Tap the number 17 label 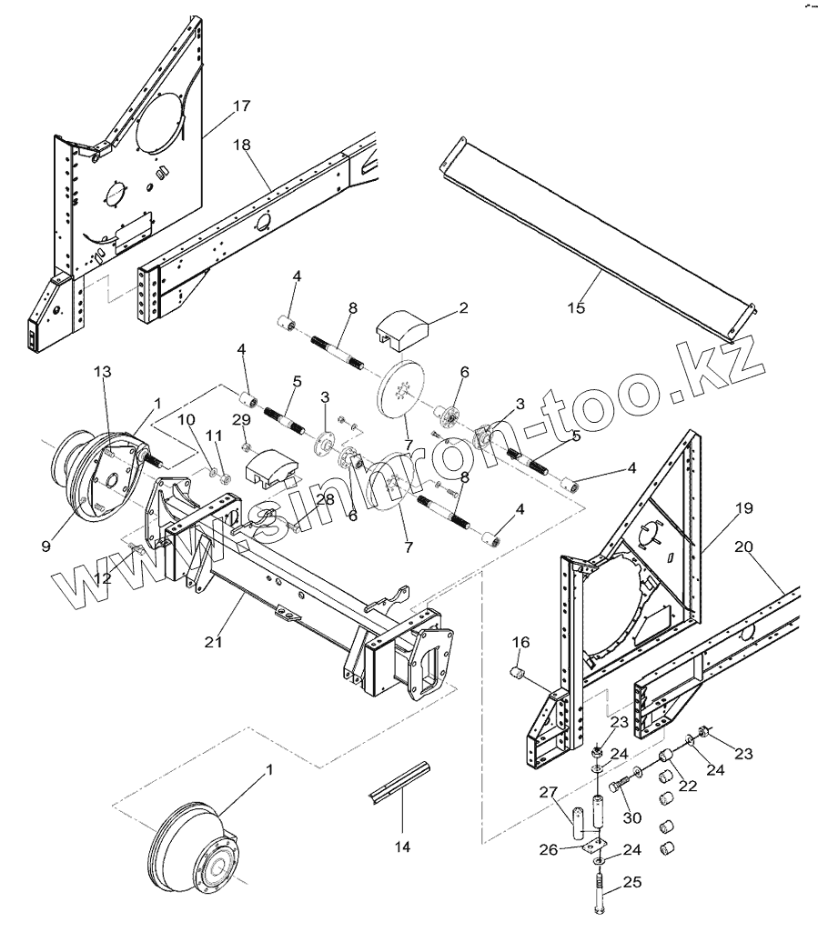pyautogui.click(x=240, y=106)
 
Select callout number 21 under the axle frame pyautogui.click(x=213, y=642)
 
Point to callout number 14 pyautogui.click(x=401, y=847)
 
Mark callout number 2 pyautogui.click(x=463, y=307)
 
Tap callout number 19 pyautogui.click(x=743, y=508)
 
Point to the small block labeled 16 pyautogui.click(x=518, y=674)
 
